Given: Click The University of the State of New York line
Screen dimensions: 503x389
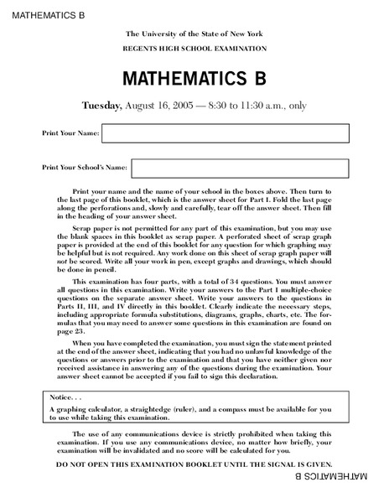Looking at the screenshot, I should point(193,33).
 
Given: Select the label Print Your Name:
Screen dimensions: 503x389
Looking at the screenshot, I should point(70,133).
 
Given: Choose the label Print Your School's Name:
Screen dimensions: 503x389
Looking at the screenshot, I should point(85,168).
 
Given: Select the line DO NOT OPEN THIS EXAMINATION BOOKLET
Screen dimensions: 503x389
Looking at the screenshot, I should point(194,464).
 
